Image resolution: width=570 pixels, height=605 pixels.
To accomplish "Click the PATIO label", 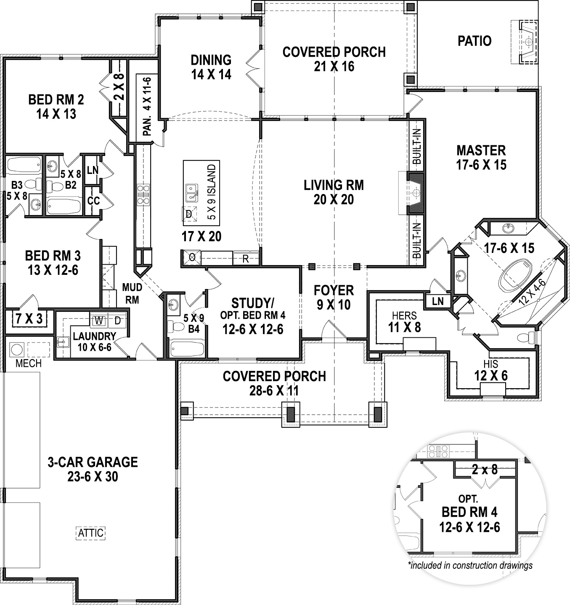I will click(x=474, y=41).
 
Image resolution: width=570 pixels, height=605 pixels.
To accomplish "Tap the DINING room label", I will click(x=211, y=60).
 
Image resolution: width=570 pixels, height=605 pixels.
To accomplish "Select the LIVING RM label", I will click(x=334, y=185).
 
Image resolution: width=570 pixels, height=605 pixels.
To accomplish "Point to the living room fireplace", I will click(x=416, y=192).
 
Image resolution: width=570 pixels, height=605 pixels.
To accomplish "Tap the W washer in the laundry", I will click(x=99, y=321).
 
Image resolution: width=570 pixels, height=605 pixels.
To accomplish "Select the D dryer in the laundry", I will click(x=118, y=321).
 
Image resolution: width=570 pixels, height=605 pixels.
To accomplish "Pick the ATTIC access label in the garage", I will click(x=90, y=533).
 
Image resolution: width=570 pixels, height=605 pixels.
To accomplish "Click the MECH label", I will click(x=29, y=363).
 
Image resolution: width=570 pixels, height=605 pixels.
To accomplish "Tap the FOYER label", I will click(x=334, y=290).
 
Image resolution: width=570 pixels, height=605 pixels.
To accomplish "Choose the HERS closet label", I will click(x=404, y=316).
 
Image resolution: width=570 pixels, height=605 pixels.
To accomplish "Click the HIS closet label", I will click(x=491, y=364).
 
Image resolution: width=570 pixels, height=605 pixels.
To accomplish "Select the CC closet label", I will click(x=93, y=201).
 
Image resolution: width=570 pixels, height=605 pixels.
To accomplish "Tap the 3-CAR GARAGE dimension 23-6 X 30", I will click(x=93, y=477).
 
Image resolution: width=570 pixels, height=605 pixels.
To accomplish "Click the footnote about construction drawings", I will click(x=470, y=566).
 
